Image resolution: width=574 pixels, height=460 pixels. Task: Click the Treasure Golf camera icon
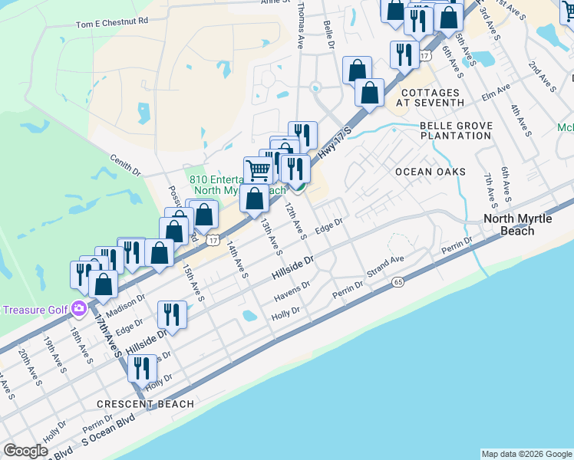coord(78,309)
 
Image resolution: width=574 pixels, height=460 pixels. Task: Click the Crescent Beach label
coord(138,403)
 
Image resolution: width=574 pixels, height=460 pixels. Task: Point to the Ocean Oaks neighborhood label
coord(430,172)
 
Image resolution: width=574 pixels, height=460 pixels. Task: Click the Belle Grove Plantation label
coord(455,130)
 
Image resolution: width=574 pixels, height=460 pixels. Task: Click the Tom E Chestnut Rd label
coord(111,23)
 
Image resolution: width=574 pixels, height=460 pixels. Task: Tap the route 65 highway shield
coord(397,282)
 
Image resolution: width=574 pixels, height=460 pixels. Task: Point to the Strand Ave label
coord(384,269)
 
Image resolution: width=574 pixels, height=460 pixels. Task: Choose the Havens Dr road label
coord(292,291)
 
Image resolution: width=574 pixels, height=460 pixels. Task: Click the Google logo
coord(26,451)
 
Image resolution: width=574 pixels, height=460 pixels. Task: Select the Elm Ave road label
coord(496,94)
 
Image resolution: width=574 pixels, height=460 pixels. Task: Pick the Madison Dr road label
coord(124,304)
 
